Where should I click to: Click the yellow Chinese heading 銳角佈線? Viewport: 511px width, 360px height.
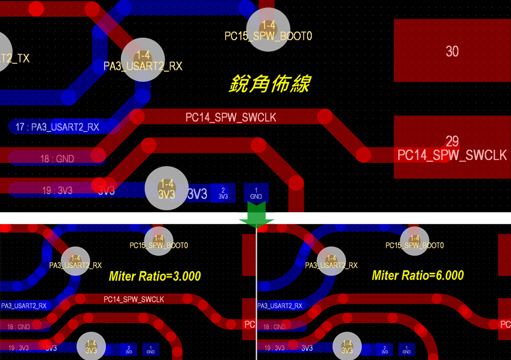(x=269, y=83)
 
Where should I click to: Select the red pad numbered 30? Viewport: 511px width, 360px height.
(x=452, y=51)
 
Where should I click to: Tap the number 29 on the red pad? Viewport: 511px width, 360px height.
(x=452, y=141)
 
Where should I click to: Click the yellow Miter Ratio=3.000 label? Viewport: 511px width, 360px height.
(x=155, y=276)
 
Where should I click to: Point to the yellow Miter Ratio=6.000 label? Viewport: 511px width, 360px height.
(x=418, y=275)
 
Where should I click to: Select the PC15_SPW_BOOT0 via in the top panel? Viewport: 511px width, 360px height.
(x=269, y=29)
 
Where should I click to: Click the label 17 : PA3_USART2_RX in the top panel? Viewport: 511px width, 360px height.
(x=58, y=127)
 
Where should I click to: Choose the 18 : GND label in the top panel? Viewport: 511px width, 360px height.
(x=57, y=159)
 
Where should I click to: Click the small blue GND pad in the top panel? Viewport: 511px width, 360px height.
(x=256, y=193)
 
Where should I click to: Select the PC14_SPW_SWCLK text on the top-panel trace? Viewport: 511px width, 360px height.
(x=230, y=117)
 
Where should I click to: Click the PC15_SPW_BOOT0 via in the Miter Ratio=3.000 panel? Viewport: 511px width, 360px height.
(x=159, y=239)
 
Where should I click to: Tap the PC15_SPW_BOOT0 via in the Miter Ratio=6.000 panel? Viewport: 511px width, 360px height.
(x=414, y=239)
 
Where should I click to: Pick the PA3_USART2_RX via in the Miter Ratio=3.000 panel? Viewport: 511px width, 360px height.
(x=76, y=261)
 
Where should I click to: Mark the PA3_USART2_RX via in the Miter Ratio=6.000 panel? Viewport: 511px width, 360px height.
(x=331, y=261)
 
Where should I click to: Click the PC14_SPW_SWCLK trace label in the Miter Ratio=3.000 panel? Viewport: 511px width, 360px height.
(x=133, y=299)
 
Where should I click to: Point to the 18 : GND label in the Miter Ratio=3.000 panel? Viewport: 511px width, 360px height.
(x=19, y=327)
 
